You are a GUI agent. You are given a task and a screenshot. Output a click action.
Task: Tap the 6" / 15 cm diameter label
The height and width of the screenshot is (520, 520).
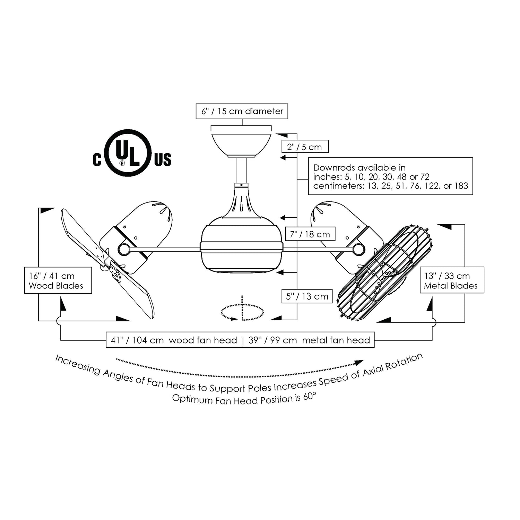pos(242,111)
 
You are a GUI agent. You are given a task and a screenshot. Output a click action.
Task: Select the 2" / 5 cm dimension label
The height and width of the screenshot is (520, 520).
pos(305,147)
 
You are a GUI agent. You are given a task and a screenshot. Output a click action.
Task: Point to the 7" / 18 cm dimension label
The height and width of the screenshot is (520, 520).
pos(310,234)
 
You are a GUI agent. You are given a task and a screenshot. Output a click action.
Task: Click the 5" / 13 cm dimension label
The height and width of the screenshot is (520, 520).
pos(307,296)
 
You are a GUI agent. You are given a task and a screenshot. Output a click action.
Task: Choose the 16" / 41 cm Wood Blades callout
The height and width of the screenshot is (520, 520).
pos(58,280)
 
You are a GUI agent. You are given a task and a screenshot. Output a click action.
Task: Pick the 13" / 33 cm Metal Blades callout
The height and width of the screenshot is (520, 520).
pos(452,280)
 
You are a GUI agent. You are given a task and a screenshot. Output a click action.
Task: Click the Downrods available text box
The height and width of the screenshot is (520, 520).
pos(390,176)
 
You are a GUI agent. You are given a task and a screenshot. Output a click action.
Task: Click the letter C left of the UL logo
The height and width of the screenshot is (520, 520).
pos(97,160)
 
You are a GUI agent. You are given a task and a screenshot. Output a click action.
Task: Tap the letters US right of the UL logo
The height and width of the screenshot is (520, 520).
pos(163,160)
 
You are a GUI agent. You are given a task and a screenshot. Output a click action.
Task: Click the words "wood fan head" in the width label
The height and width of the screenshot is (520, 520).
pos(203,340)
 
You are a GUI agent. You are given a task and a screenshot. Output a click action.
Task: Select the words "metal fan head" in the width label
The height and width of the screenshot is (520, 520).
pos(336,340)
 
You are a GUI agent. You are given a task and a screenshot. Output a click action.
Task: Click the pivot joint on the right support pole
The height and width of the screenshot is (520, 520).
pos(359,249)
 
